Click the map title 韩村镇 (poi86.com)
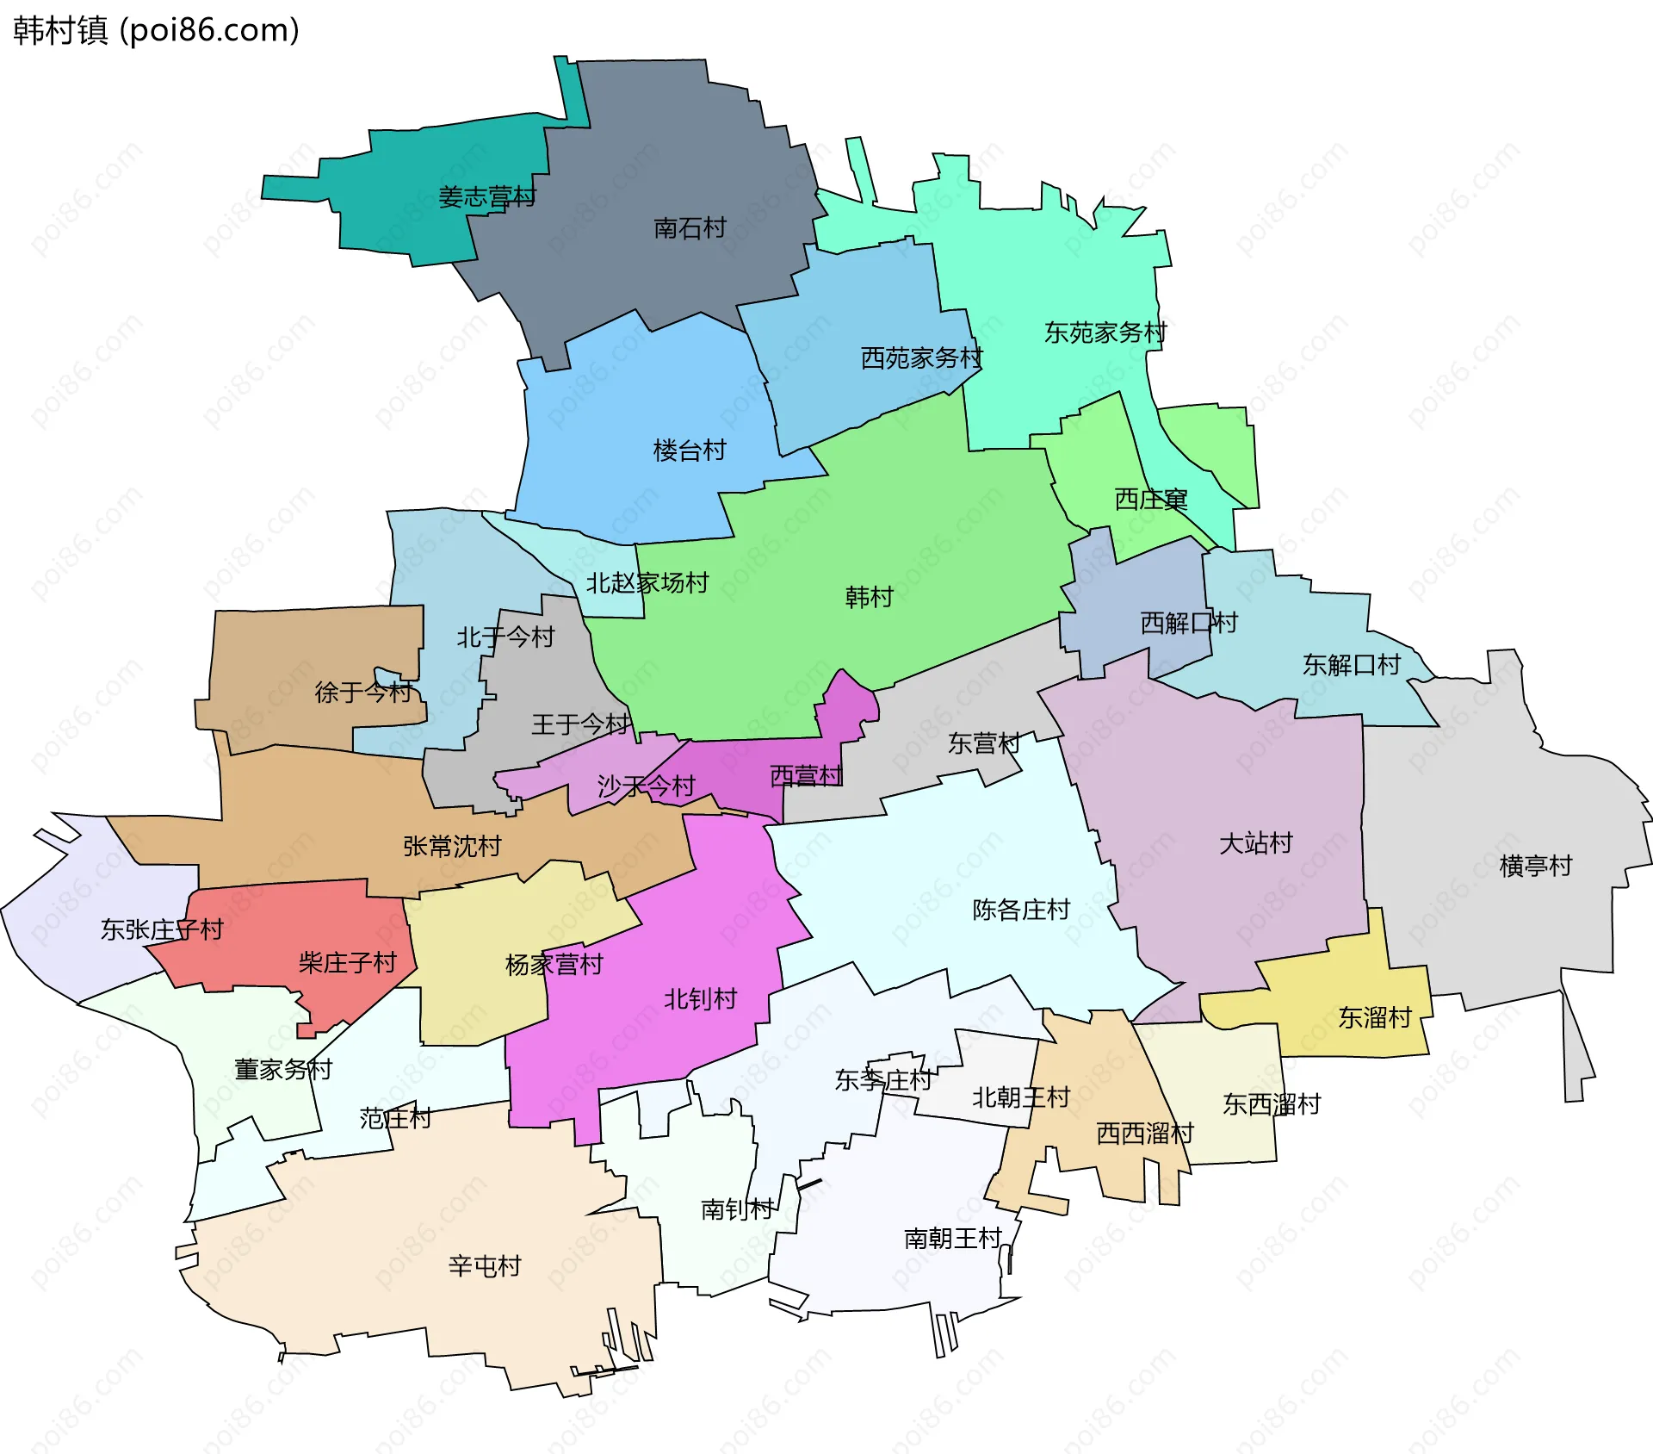(156, 30)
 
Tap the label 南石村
(690, 228)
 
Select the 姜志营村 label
(486, 197)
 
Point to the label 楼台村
(690, 450)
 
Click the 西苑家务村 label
(921, 358)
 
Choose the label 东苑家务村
(1105, 332)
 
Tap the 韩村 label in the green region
(869, 597)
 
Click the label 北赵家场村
(647, 583)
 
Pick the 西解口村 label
(1189, 623)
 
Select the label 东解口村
(1351, 665)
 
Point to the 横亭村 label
(1535, 866)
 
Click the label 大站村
(1255, 843)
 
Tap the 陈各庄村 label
(1021, 910)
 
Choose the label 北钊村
(700, 999)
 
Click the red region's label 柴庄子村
(347, 963)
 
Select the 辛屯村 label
(485, 1266)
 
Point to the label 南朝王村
(952, 1239)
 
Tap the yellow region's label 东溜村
(1375, 1018)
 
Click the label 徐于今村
(363, 693)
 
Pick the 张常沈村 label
(452, 847)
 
